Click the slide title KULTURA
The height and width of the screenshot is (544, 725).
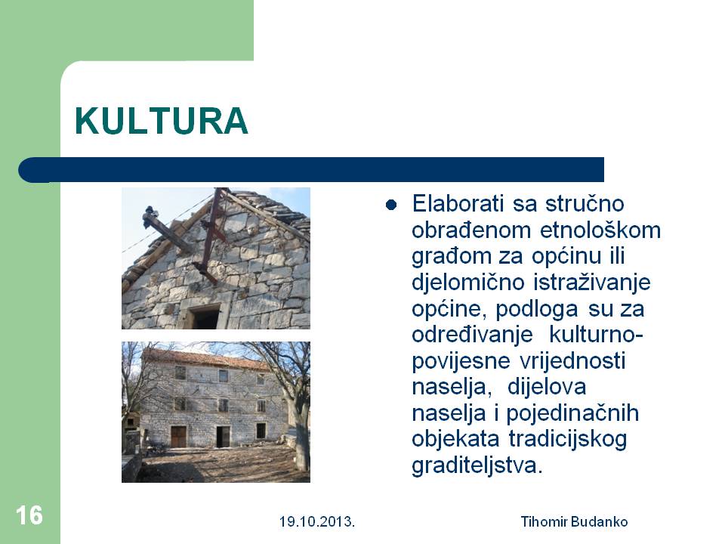click(x=162, y=121)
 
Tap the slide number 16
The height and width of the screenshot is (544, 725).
click(x=29, y=515)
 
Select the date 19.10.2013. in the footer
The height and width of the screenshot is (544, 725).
click(x=316, y=522)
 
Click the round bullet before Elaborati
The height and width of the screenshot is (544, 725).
click(x=391, y=205)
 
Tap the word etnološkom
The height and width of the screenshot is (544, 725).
click(x=600, y=230)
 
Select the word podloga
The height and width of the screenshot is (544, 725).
click(x=537, y=310)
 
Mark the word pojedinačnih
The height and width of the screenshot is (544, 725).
click(x=572, y=413)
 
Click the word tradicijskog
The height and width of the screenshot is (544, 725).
click(x=568, y=440)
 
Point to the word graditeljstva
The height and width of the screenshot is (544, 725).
click(x=477, y=465)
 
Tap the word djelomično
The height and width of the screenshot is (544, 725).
click(x=468, y=283)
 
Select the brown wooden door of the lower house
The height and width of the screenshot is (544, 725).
click(x=178, y=437)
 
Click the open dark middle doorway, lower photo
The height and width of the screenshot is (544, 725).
click(x=223, y=437)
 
